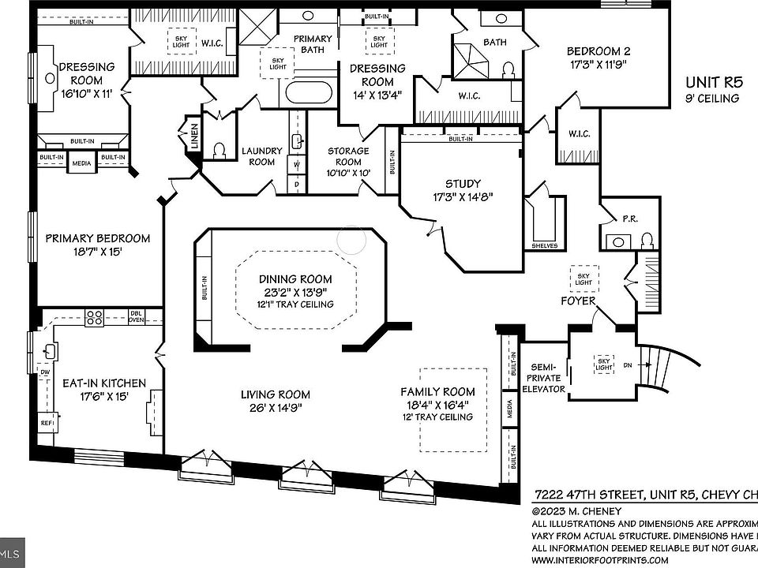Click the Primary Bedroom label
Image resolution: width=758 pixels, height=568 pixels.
(x=97, y=238)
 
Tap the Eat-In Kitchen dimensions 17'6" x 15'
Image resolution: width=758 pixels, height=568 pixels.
(x=103, y=397)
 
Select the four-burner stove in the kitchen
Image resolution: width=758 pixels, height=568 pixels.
(x=95, y=317)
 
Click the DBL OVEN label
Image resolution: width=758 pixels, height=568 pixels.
(x=137, y=316)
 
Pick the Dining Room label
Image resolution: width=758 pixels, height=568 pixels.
(x=296, y=279)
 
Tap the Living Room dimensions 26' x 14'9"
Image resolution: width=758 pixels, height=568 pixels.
(x=276, y=408)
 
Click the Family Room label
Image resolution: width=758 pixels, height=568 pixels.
(x=438, y=391)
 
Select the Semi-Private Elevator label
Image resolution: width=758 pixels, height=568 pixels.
(x=544, y=378)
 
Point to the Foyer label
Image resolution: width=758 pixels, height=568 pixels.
(x=578, y=301)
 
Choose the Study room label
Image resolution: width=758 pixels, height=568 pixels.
(x=462, y=184)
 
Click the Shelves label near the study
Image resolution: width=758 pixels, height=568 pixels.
(x=545, y=246)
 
